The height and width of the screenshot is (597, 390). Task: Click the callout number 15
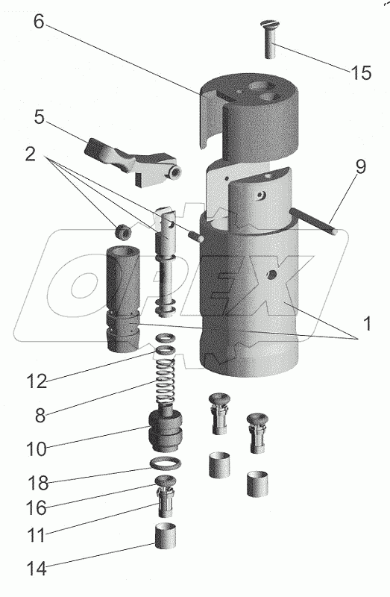pos(360,72)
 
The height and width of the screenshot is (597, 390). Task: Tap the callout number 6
pos(39,22)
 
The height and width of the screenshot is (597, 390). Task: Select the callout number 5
pos(40,117)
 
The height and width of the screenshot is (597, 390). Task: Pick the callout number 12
pos(37,381)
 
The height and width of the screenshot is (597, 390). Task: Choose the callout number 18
pos(38,483)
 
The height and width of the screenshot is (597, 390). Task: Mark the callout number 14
pos(37,569)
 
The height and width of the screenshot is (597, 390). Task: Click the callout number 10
pos(37,449)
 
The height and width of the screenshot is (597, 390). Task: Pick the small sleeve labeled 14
pos(165,536)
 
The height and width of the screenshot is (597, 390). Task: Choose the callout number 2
pos(31,154)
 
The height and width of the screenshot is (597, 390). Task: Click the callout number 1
pos(366,324)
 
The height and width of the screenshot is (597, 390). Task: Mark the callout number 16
pos(37,508)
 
